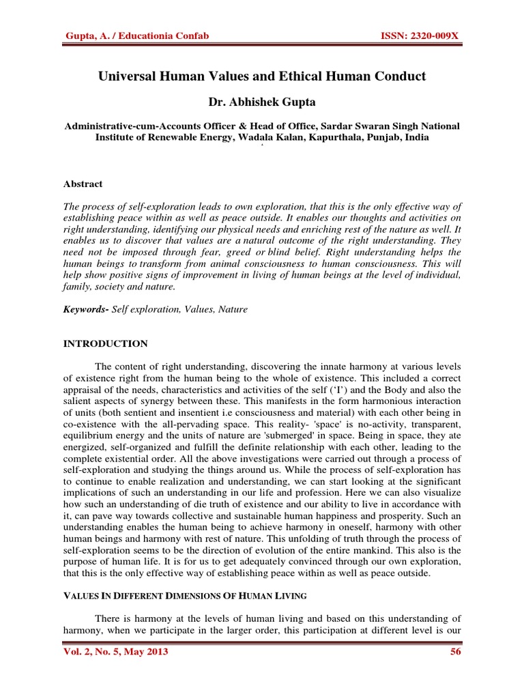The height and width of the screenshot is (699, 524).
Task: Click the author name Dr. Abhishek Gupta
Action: click(x=261, y=102)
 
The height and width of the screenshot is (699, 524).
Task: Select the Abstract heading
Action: click(x=83, y=184)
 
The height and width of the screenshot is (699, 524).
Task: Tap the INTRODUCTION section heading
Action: click(x=105, y=343)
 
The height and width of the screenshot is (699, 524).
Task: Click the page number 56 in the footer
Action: click(x=456, y=652)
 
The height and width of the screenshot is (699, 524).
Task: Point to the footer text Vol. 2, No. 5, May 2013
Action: click(x=115, y=652)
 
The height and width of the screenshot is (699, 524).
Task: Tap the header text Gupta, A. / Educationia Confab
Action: click(x=127, y=35)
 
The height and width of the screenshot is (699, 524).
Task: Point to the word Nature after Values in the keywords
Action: click(x=233, y=309)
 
